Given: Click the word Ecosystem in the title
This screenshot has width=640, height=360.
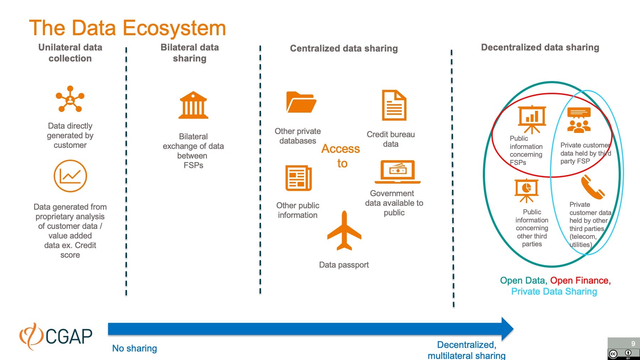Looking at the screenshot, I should click(x=174, y=28).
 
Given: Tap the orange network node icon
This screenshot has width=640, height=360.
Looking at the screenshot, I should click(x=70, y=99).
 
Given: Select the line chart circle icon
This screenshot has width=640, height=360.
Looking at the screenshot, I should click(x=70, y=176).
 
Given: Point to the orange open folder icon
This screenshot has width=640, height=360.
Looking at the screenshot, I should click(x=301, y=102).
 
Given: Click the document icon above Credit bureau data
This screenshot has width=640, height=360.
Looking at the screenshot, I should click(x=394, y=106).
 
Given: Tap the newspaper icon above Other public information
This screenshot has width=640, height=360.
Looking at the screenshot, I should click(x=298, y=178).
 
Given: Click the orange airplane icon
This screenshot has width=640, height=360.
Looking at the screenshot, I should click(x=344, y=231).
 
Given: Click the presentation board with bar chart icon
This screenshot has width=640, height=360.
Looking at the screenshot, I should click(x=532, y=119).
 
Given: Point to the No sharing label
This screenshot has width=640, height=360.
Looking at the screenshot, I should click(x=134, y=348).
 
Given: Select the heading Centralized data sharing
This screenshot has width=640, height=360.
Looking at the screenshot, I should click(x=343, y=48).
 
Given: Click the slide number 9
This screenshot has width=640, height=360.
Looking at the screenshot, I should click(x=633, y=344).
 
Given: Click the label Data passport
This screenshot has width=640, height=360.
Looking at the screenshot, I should click(x=343, y=265).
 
